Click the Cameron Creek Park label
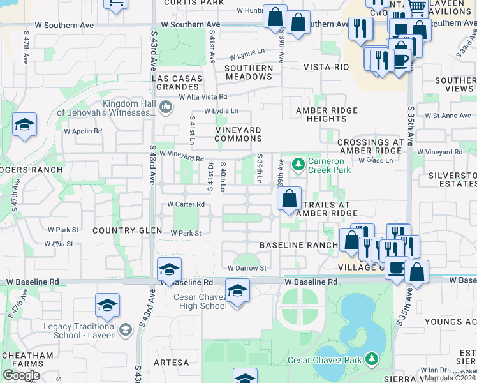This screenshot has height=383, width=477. pos(329,165)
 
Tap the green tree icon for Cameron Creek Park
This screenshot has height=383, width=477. pos(298,165)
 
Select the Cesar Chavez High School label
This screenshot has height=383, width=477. pos(200,301)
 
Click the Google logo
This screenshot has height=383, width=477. pos(21,375)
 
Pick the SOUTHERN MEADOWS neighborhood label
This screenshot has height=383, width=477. pos(248,72)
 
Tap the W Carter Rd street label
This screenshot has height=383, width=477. pos(186,204)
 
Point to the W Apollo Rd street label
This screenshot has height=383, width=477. pos(80,131)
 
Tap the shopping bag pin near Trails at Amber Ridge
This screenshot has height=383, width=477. pos(290,199)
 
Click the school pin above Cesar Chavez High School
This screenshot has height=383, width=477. pos(237,291)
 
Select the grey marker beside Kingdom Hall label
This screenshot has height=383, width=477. pos(165,105)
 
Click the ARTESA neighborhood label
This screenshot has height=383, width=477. pos(171,363)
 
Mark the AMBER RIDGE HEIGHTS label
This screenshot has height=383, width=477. pos(321,114)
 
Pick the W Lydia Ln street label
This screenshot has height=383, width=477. pos(221,111)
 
